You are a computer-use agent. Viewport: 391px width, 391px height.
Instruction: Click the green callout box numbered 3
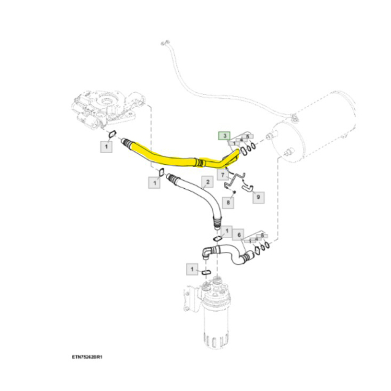click(223, 136)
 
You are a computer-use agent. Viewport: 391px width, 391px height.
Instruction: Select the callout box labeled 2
click(207, 182)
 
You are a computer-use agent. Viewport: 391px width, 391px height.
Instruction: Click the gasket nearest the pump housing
click(111, 134)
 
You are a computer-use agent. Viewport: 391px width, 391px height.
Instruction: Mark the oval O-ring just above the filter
click(205, 272)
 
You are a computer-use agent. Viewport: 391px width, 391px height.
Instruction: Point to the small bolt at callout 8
click(235, 193)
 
